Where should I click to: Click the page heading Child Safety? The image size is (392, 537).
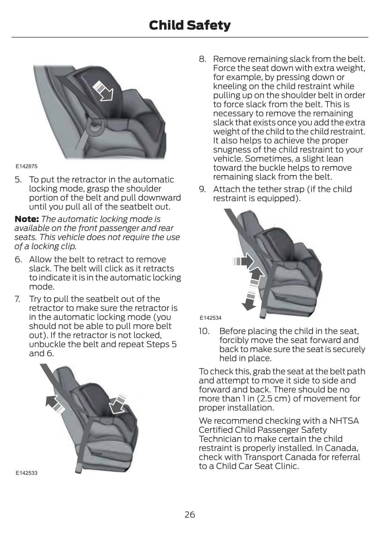point(190,25)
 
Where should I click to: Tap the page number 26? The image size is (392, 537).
point(190,514)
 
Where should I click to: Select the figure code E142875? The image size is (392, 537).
point(26,166)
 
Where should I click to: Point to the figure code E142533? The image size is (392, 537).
point(26,473)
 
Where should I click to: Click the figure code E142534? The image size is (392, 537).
point(210,318)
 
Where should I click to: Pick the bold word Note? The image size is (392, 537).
point(27,219)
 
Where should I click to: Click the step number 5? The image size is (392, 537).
point(18,180)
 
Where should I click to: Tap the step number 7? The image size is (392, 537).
point(18,299)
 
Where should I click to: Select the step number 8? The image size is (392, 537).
point(202,59)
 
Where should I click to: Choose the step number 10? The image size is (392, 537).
point(204,331)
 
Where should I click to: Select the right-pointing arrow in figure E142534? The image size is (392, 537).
point(243,262)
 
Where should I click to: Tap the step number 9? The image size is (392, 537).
point(202,189)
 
